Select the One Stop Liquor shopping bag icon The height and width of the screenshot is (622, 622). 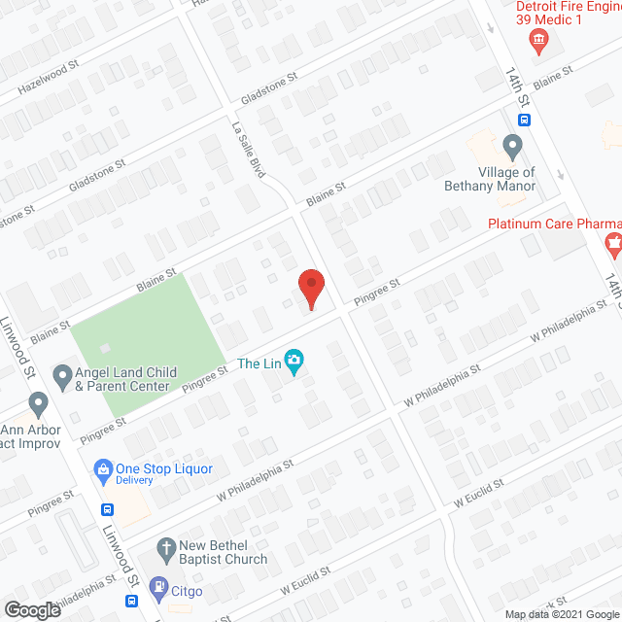point(101,467)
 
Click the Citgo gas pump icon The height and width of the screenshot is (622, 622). point(156,588)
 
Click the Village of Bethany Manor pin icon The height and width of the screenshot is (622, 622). point(512,148)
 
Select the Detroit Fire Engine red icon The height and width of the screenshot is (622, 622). point(537,41)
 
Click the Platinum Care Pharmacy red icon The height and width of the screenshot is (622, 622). point(613,243)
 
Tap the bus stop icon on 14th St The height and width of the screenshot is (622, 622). point(524,121)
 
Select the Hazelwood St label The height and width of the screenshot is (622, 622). point(47,86)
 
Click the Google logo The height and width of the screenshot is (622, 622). point(31,609)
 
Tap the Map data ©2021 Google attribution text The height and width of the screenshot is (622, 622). point(558,613)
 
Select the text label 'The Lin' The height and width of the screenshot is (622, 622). point(259,364)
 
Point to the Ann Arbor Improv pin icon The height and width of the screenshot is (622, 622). point(39,402)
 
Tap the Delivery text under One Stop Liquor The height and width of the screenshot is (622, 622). point(134,480)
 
